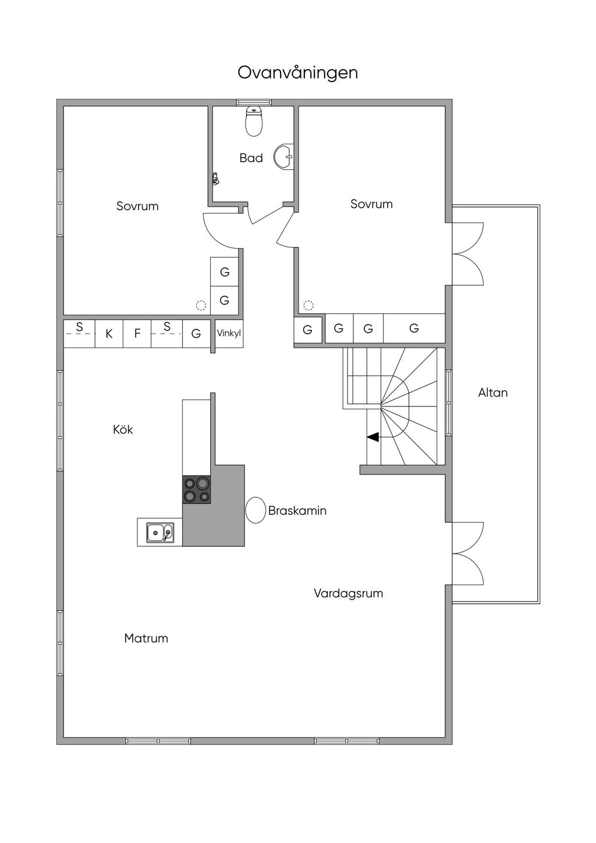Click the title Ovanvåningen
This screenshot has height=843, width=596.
pyautogui.click(x=297, y=73)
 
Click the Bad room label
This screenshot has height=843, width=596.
pyautogui.click(x=251, y=158)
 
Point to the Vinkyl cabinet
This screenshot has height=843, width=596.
pyautogui.click(x=229, y=334)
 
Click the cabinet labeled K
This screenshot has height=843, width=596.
pyautogui.click(x=109, y=334)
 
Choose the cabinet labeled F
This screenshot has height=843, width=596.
pyautogui.click(x=137, y=334)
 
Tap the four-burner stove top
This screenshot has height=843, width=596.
pyautogui.click(x=197, y=490)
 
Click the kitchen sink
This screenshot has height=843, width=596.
pyautogui.click(x=159, y=532)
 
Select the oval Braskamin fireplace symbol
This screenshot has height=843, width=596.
pyautogui.click(x=256, y=510)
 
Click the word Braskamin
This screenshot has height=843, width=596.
pyautogui.click(x=297, y=511)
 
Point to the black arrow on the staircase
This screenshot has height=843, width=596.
pyautogui.click(x=372, y=437)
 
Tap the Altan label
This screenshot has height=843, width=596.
pyautogui.click(x=492, y=392)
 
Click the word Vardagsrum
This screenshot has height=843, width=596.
pyautogui.click(x=348, y=593)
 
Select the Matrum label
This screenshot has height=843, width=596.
pyautogui.click(x=146, y=638)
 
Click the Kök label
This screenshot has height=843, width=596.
pyautogui.click(x=123, y=430)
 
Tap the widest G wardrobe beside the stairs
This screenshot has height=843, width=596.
pyautogui.click(x=414, y=328)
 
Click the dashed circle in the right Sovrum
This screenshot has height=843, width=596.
pyautogui.click(x=308, y=305)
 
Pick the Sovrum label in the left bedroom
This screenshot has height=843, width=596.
pyautogui.click(x=137, y=206)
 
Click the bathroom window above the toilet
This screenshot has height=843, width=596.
pyautogui.click(x=254, y=102)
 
